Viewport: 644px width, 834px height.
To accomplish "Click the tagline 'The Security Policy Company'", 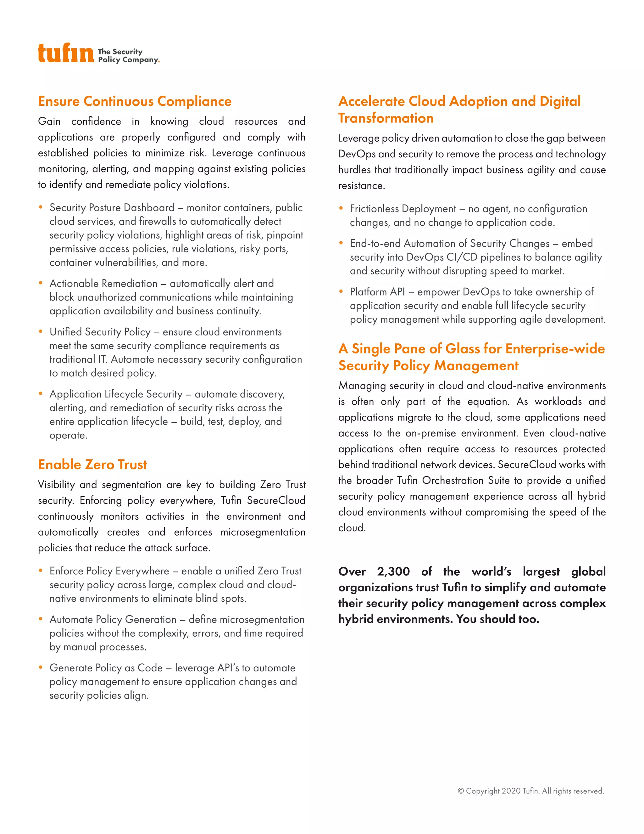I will pos(128,56).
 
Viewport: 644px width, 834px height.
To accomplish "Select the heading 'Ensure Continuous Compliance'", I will pos(135,101).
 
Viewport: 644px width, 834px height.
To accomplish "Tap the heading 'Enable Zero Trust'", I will pos(92,464).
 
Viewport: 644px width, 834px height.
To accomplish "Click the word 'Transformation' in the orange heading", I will pos(386,118).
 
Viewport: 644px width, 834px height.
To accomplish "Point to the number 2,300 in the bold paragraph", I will pos(393,571).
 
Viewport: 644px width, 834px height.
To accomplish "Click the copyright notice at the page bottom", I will pos(531,791).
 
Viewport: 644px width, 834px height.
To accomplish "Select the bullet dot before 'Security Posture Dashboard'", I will pos(41,207).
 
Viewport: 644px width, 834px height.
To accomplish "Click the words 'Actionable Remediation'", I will pos(103,283).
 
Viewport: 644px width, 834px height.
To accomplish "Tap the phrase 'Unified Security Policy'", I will pos(100,332).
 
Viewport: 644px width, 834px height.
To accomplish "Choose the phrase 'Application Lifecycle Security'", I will pos(116,394).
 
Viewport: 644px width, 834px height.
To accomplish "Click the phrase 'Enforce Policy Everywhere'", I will pos(109,571).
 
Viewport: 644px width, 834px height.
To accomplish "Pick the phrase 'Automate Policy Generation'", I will pos(113,619).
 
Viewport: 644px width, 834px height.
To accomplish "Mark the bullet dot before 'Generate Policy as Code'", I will pos(41,668).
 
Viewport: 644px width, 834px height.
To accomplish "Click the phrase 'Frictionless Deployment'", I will pos(403,208).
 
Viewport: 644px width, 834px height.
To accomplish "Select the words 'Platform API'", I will pos(377,292).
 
